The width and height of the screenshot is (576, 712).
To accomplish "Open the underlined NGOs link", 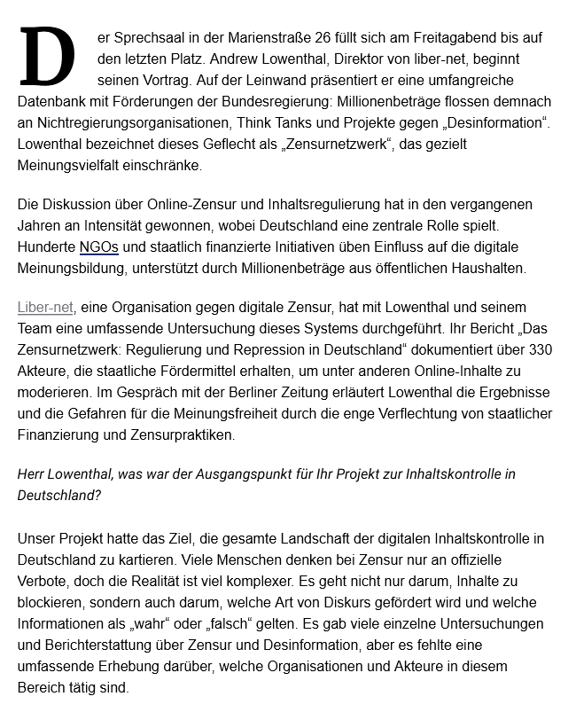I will [98, 246].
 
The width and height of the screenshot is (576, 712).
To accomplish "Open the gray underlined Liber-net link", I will [45, 308].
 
